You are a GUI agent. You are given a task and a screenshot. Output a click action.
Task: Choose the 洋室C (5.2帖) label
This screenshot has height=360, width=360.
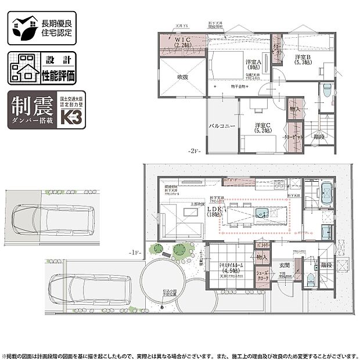(x=264, y=127)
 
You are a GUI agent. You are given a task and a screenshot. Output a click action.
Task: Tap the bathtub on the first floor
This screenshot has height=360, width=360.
(x=326, y=191)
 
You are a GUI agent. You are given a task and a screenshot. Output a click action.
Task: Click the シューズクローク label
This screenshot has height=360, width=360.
(x=263, y=278)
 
